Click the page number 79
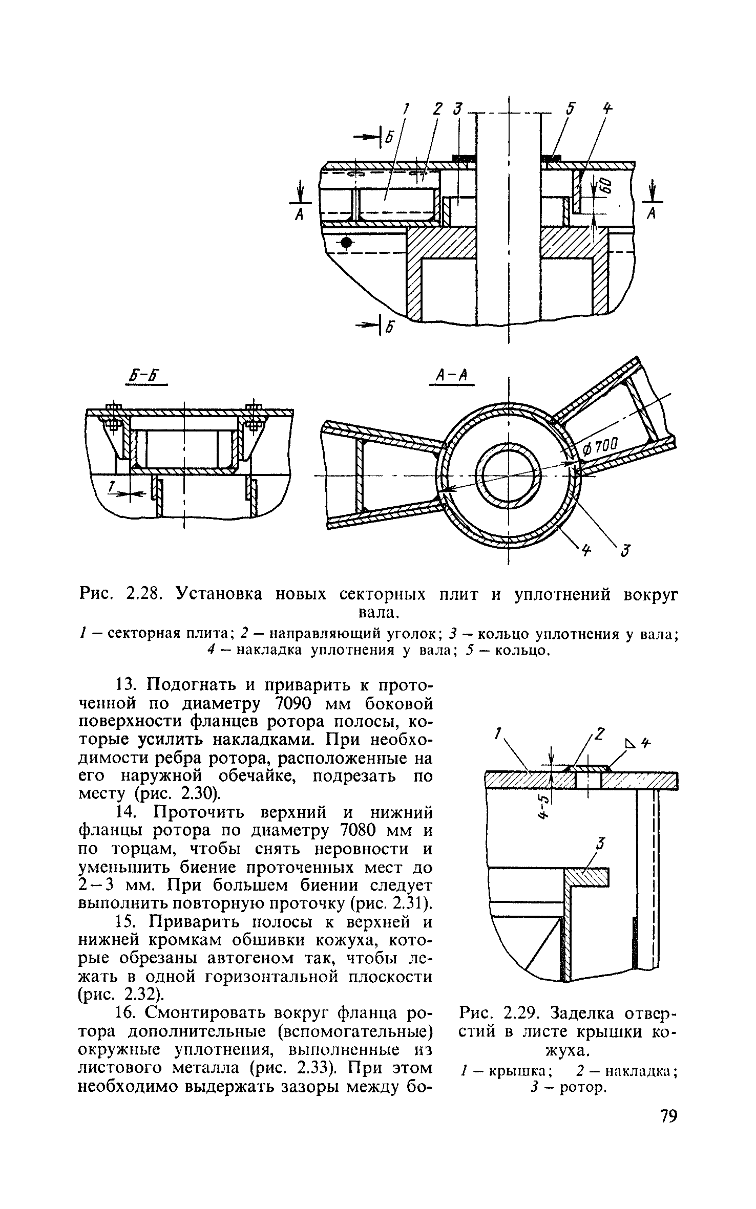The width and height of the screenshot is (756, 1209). [666, 1131]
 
